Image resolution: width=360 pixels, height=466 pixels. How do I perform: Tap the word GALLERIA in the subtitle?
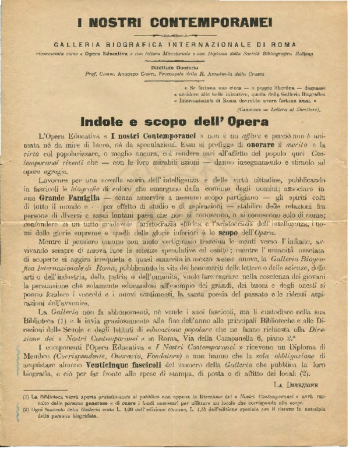click(76, 44)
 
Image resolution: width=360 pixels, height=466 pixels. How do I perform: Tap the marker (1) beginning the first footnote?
click(26, 397)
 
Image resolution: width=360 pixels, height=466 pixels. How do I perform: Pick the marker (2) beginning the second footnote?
click(26, 409)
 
